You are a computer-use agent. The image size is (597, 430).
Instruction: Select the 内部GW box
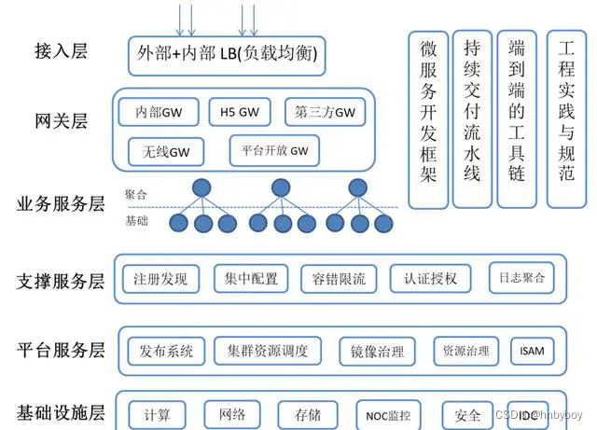[x=159, y=112]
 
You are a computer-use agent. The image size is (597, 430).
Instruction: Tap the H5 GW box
[x=240, y=112]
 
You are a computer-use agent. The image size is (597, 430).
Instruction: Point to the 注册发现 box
[x=160, y=278]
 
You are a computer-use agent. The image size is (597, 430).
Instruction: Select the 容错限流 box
[x=340, y=278]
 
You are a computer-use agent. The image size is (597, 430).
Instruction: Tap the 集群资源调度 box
[x=268, y=351]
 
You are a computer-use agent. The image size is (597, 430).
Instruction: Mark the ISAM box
[x=533, y=352]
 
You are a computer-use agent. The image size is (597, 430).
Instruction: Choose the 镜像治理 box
[x=378, y=352]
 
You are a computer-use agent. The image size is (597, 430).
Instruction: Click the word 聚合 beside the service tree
[x=135, y=195]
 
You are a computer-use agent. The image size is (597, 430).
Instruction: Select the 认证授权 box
[x=430, y=278]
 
